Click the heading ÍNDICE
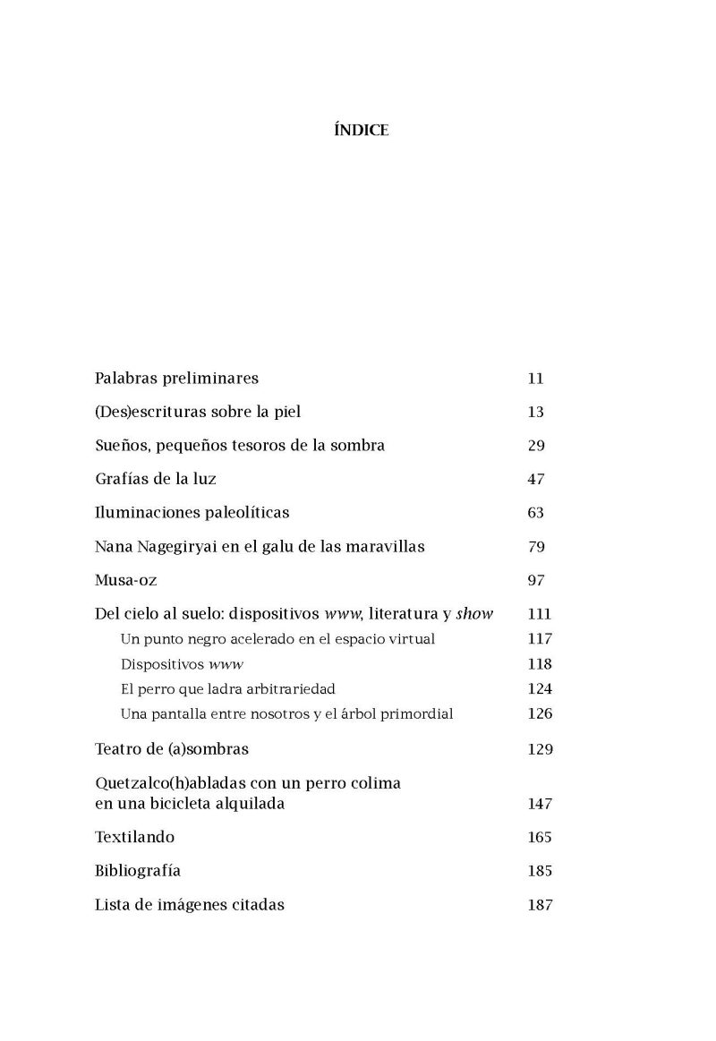[x=360, y=131]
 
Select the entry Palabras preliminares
[x=176, y=379]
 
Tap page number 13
[x=536, y=413]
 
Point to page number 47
[x=536, y=480]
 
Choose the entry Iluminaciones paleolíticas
[x=192, y=513]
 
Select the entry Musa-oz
[x=125, y=581]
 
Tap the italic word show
[x=475, y=614]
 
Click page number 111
[x=540, y=614]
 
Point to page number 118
[x=540, y=664]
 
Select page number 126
[x=540, y=714]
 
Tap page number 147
[x=540, y=804]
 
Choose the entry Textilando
[x=135, y=838]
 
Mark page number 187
[x=540, y=905]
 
